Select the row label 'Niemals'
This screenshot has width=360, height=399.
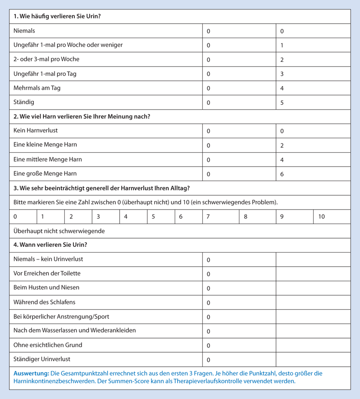pos(24,31)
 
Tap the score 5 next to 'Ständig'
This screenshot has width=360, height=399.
pos(282,103)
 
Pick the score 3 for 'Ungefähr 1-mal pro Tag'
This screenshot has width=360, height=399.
pos(282,74)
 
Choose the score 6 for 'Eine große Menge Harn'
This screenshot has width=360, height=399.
pos(282,174)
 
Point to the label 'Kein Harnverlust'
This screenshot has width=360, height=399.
pos(36,130)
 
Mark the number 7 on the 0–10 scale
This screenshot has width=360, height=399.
pos(208,217)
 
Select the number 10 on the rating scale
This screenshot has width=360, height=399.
pos(321,217)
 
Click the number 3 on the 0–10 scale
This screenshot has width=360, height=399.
pos(98,217)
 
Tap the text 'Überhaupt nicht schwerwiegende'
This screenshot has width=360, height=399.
pos(59,231)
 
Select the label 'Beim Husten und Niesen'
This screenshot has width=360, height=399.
pos(46,287)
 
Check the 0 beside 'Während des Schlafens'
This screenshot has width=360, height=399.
pos(208,303)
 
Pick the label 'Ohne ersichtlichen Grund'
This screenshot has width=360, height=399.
pos(48,345)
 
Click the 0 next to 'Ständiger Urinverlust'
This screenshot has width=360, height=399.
pos(208,360)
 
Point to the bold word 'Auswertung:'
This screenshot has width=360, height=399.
pos(31,373)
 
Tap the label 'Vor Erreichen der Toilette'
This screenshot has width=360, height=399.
pos(47,273)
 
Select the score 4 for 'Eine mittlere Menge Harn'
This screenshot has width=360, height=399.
pos(282,159)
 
